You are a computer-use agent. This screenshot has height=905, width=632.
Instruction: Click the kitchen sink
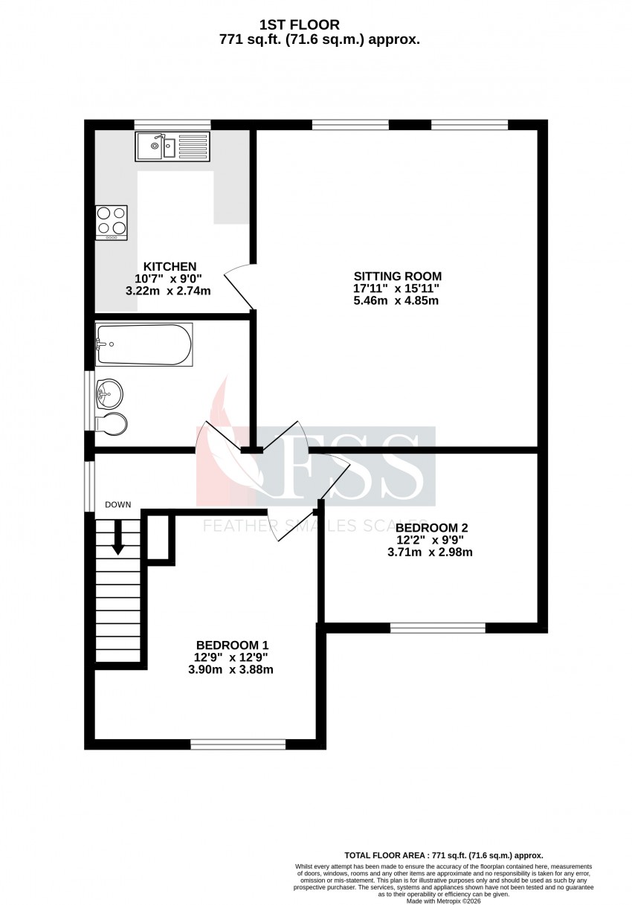pos(172,146)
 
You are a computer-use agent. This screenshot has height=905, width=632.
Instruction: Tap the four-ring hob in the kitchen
pos(111,223)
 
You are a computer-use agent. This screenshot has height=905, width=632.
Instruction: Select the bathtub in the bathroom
pos(144,344)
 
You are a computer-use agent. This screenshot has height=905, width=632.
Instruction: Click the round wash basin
pos(109,393)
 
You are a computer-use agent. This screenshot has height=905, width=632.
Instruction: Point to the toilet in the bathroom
pos(112,424)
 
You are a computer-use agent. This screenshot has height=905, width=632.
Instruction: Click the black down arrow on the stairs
pos(118,538)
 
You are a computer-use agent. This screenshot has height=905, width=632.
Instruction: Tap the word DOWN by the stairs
pos(118,505)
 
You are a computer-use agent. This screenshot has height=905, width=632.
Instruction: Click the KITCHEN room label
pos(170,267)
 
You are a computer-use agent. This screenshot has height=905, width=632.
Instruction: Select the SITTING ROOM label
pos(397,277)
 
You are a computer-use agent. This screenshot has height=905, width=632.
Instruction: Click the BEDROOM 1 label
pos(232,645)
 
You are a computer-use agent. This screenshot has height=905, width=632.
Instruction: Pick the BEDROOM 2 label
pos(431,528)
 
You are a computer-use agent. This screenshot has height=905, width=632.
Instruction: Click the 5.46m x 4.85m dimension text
pos(396,300)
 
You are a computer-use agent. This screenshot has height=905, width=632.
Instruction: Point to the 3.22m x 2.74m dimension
pos(168,291)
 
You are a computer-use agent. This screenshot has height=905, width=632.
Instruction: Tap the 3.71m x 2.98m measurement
pos(430,552)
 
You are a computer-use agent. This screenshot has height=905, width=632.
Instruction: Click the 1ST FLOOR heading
pos(299,25)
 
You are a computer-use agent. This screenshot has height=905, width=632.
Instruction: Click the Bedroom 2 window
pos(437,628)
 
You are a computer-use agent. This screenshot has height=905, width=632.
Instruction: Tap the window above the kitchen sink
pos(172,125)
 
